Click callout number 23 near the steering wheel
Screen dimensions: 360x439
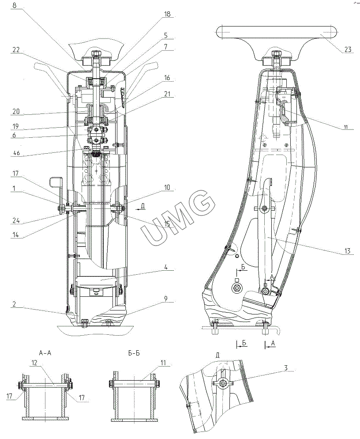(347, 50)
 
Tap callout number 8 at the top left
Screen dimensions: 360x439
(14, 5)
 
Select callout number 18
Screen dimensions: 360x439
(167, 14)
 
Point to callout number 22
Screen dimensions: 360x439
(16, 49)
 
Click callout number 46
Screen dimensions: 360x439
(16, 153)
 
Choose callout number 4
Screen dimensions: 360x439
(166, 267)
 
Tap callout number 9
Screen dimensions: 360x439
(166, 299)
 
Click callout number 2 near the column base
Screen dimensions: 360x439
(14, 304)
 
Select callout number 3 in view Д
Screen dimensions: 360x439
(286, 367)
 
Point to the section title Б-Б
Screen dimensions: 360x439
(134, 353)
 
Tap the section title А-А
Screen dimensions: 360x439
(45, 353)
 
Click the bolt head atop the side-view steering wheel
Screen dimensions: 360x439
(277, 53)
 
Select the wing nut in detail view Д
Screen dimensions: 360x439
(223, 383)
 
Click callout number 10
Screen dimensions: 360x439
(167, 187)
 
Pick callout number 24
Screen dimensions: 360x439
(16, 221)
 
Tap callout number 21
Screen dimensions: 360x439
(167, 94)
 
